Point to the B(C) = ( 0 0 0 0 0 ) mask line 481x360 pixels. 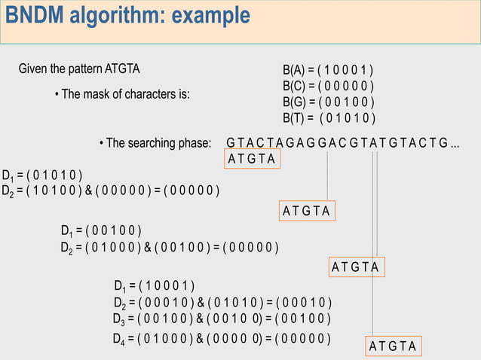coord(328,87)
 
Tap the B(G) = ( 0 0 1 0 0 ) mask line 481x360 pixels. coord(328,102)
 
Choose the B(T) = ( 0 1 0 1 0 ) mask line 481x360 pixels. coord(329,118)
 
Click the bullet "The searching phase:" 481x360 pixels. coord(155,143)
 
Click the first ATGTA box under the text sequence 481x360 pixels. coord(252,160)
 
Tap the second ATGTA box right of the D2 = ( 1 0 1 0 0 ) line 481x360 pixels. coord(307,210)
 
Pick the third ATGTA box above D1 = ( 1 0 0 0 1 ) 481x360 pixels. coord(357,267)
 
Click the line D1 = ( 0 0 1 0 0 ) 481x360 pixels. coord(101,230)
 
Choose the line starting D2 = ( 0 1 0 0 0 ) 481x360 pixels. coord(170,246)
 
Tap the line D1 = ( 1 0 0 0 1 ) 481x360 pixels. coord(155,285)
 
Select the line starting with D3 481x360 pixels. coord(222,319)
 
